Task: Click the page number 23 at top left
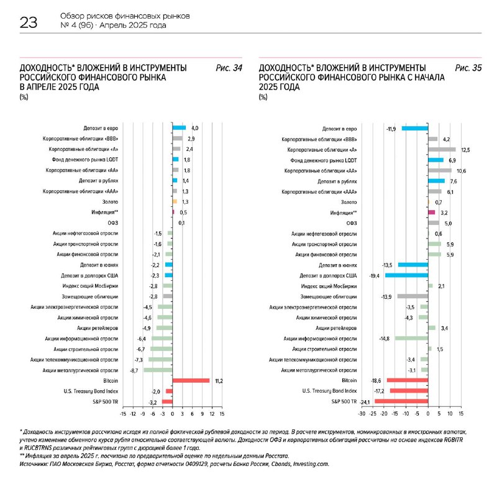click(x=29, y=23)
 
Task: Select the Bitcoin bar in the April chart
click(x=191, y=380)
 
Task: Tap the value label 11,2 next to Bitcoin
click(x=218, y=380)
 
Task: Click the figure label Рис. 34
click(x=229, y=68)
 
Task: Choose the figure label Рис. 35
click(x=468, y=68)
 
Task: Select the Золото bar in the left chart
click(x=175, y=202)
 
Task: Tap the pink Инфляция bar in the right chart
click(x=431, y=212)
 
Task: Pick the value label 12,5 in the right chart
click(x=465, y=150)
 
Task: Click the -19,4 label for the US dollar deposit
click(x=375, y=275)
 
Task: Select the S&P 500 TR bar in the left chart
click(x=166, y=401)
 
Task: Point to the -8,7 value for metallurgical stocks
click(x=134, y=370)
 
